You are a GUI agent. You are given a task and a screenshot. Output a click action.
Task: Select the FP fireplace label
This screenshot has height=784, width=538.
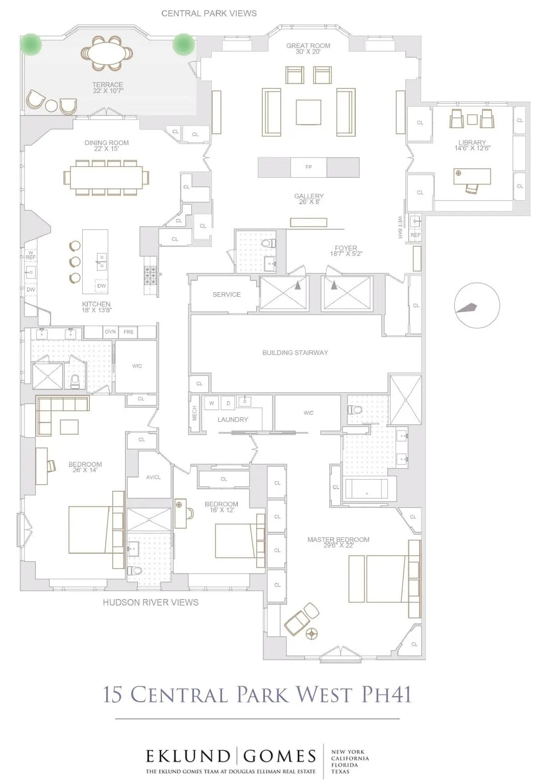(x=308, y=167)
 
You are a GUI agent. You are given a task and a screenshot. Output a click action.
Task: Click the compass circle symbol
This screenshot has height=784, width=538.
(x=477, y=306)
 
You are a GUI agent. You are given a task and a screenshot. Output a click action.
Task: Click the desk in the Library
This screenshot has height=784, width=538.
(x=472, y=176)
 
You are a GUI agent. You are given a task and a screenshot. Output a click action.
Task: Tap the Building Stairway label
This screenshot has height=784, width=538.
(x=295, y=352)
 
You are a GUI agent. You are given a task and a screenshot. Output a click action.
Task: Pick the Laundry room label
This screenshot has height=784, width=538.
(x=233, y=419)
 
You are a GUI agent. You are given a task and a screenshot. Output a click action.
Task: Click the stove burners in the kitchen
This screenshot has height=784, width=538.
(x=151, y=275)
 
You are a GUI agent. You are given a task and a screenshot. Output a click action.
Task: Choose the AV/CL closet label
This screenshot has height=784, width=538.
(x=153, y=478)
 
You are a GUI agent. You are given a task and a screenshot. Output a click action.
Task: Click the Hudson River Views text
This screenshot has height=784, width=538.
(x=151, y=603)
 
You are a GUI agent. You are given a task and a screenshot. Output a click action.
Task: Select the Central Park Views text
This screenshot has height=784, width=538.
(x=209, y=13)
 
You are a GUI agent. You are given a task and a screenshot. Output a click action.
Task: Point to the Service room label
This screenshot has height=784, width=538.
(x=227, y=295)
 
